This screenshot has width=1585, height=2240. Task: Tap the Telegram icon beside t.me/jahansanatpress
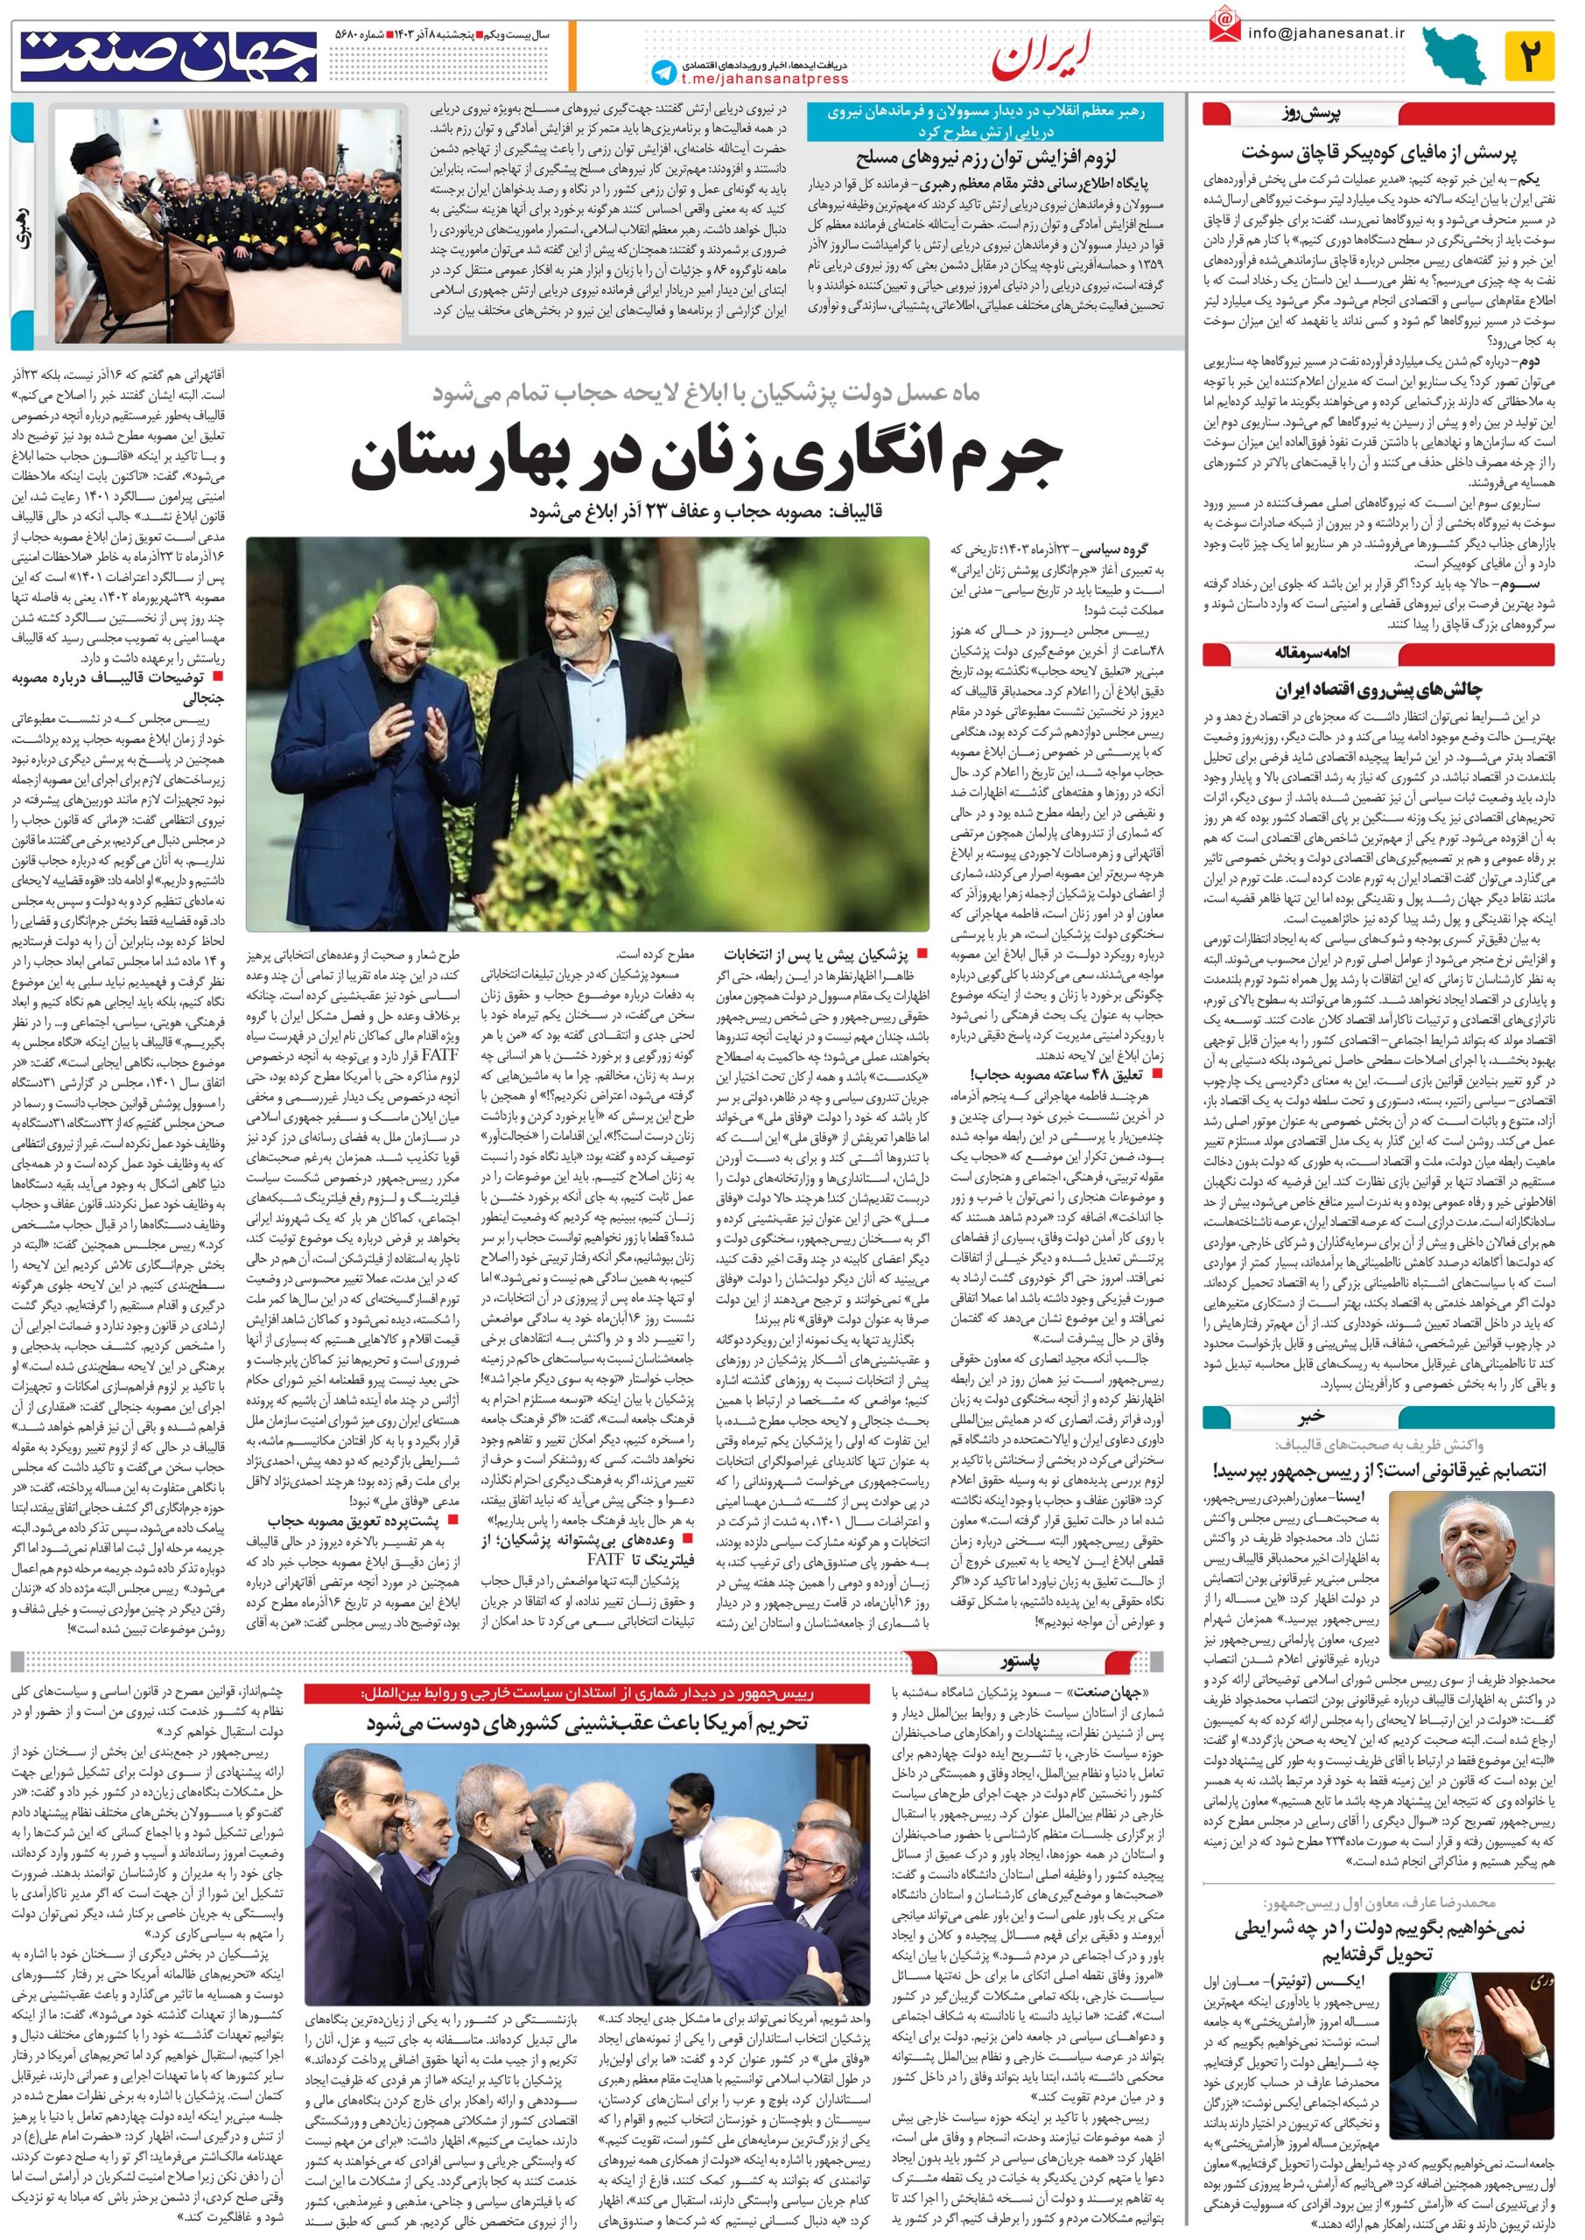pyautogui.click(x=664, y=73)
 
